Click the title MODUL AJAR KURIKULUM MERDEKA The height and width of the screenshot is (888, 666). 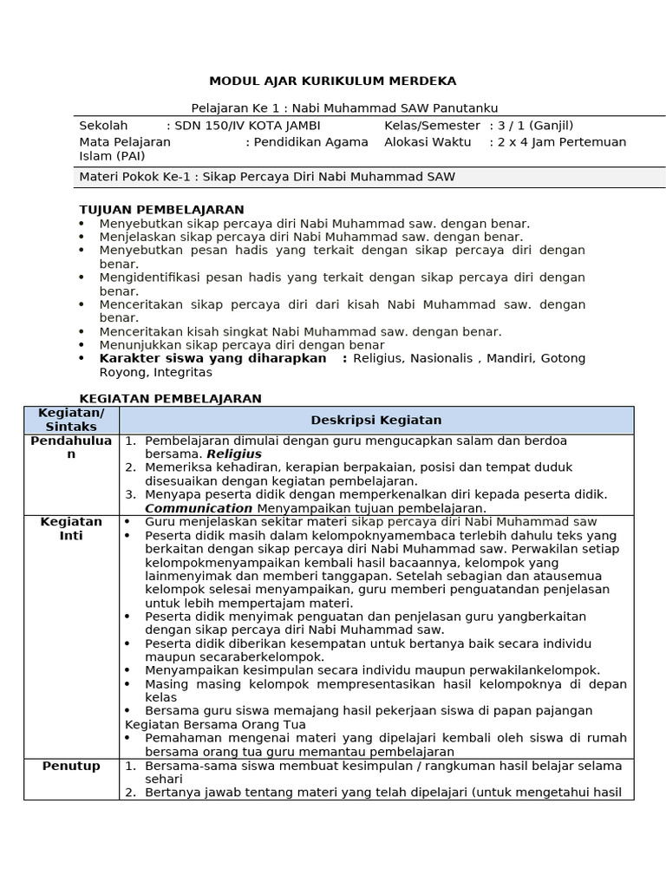332,82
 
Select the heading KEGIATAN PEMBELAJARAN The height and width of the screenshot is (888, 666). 170,398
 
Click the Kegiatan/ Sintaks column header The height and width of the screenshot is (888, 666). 71,421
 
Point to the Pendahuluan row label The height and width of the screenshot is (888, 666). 71,447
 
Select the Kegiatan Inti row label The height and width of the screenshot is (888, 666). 71,529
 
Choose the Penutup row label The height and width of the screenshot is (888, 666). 71,767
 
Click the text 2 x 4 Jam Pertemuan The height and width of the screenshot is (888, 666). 561,142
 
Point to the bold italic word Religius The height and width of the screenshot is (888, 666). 234,454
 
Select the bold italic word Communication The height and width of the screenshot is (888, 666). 199,508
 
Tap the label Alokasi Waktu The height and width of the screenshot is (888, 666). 428,142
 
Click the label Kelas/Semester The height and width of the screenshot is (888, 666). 432,125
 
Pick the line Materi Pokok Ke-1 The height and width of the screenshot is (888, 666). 267,177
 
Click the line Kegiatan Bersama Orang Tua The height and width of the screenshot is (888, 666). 215,724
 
